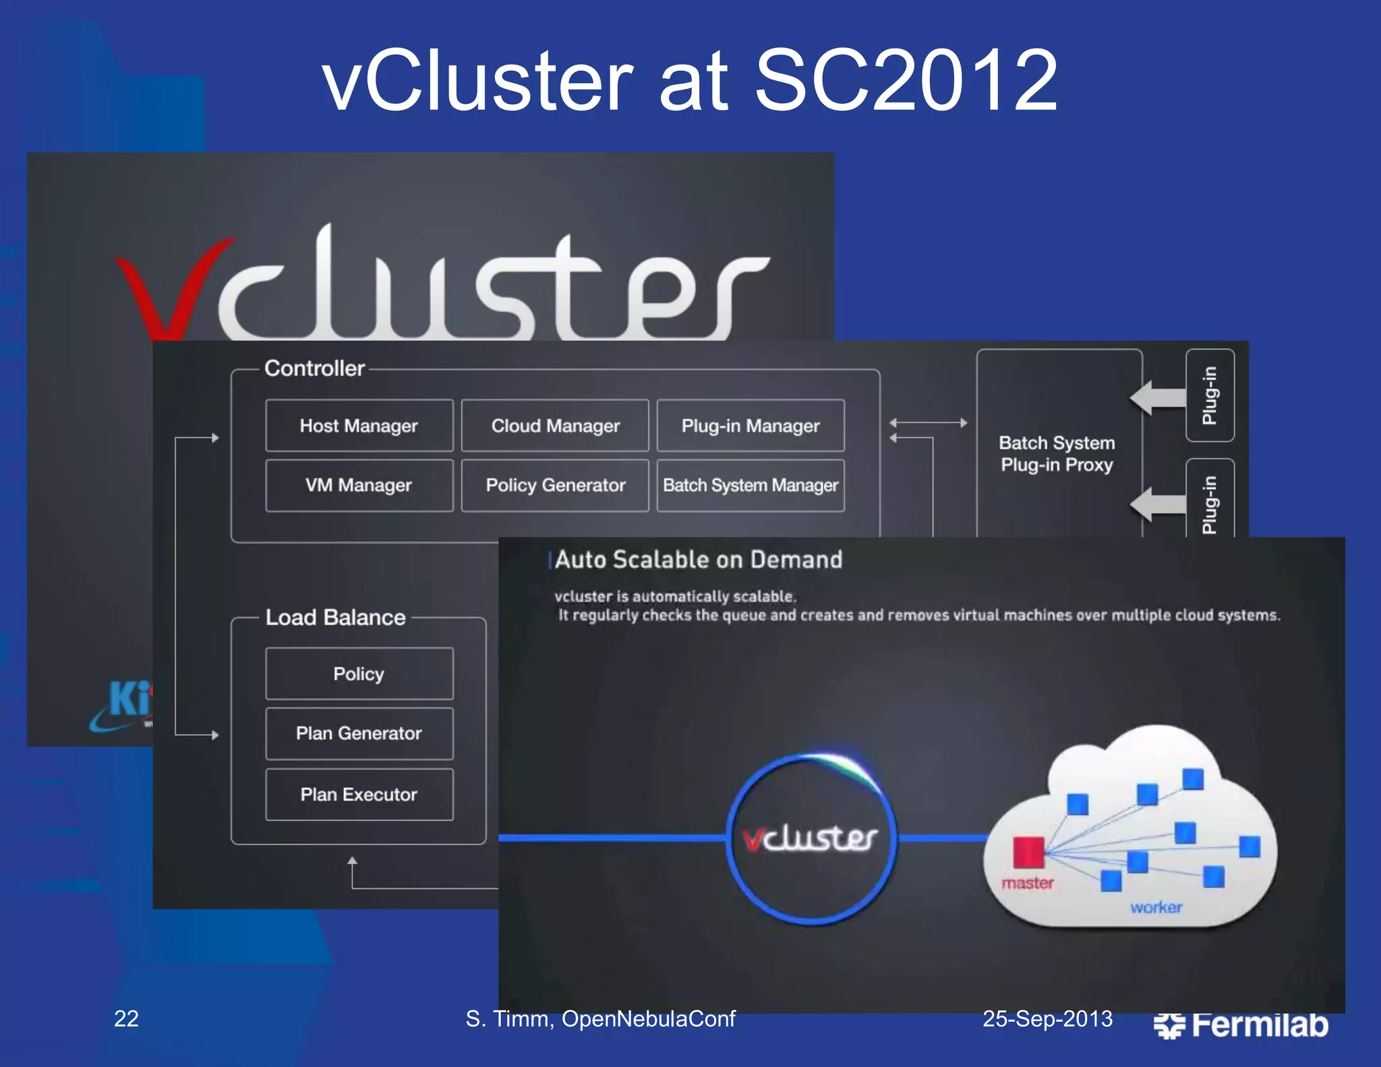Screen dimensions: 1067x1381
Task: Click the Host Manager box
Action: click(359, 426)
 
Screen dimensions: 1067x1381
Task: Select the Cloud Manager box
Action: click(555, 426)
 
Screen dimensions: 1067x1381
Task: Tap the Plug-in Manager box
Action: click(751, 426)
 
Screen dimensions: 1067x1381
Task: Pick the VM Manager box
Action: click(359, 486)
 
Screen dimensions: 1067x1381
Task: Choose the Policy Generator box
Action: click(555, 486)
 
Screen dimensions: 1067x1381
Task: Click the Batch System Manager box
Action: click(751, 486)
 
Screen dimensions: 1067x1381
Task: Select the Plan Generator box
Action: click(359, 734)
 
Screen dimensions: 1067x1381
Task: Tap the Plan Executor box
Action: click(359, 795)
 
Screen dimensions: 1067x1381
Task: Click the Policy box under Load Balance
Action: click(359, 674)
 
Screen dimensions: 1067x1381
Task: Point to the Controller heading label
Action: click(314, 368)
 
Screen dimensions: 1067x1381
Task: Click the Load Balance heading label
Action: click(335, 618)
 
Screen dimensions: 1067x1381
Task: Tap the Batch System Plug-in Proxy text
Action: click(1057, 454)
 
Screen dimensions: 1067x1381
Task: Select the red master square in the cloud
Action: click(1028, 852)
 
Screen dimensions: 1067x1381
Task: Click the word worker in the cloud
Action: click(1156, 908)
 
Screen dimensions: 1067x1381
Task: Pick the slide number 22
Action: click(126, 1018)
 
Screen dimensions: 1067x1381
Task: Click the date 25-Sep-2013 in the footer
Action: click(1047, 1018)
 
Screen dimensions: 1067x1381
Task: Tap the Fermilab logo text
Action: click(1259, 1025)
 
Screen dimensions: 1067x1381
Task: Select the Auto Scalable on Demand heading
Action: click(699, 560)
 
